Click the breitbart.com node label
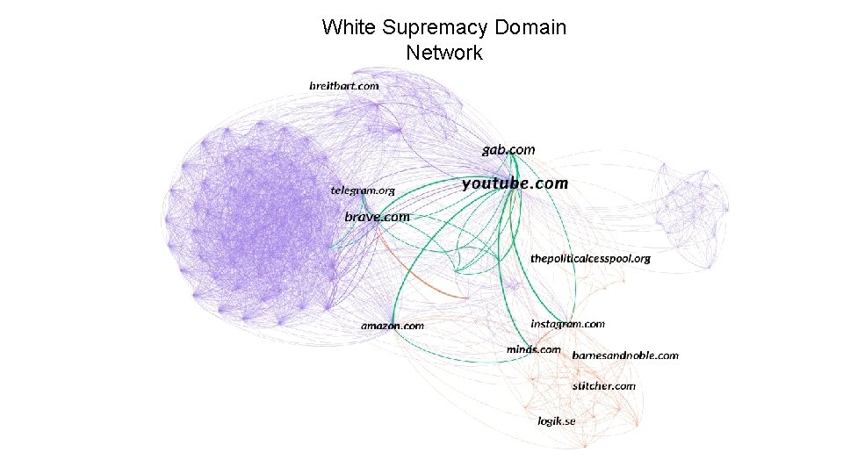coord(343,86)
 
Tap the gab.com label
coord(508,150)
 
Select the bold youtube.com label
coord(515,184)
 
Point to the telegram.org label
coord(363,190)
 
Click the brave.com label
coord(377,217)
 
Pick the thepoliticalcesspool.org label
coord(590,259)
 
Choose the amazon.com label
coord(392,326)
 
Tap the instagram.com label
coord(567,324)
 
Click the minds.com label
coord(533,349)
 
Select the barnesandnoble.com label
coord(625,355)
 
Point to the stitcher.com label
coord(603,385)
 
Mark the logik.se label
coord(557,421)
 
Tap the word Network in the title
coord(444,53)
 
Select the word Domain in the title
coord(530,27)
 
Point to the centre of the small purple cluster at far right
coord(693,209)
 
